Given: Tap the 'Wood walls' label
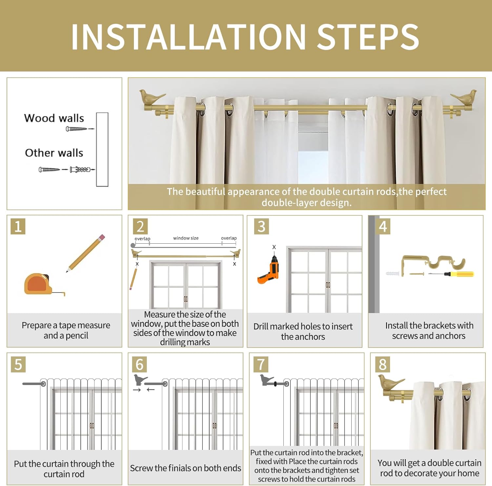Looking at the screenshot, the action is [54, 118].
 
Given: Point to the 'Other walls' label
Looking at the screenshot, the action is [54, 153].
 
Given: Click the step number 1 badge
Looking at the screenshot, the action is [18, 226].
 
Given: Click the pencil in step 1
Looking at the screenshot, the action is [86, 253].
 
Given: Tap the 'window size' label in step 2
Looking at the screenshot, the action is [186, 238].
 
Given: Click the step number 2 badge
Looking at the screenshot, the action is [140, 226].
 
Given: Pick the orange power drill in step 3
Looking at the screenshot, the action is [269, 270].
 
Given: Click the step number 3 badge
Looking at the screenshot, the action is [261, 226].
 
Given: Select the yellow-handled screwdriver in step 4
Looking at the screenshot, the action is [451, 274].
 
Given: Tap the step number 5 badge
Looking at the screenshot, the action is [18, 364].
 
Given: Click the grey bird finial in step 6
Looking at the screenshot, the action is [140, 380].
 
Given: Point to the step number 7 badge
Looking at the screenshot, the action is [261, 364].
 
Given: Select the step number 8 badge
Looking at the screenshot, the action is [382, 364].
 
